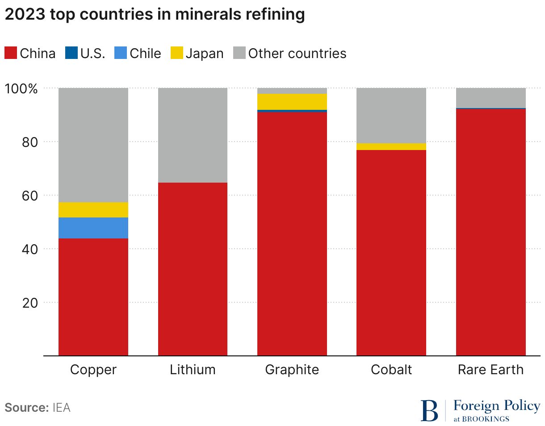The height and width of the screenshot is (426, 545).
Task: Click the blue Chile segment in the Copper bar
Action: coord(93,228)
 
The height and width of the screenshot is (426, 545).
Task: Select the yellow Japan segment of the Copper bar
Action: coord(93,210)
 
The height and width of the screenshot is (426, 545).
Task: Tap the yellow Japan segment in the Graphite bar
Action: coord(292,101)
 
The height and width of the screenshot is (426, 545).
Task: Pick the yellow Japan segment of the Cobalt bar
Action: coord(391,146)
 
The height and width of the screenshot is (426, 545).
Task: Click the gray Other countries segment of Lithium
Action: coord(193,135)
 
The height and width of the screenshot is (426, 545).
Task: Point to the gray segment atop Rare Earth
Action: coord(491,98)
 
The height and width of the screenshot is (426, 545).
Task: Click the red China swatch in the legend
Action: coord(11,54)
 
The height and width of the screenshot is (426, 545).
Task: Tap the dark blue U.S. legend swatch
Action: coord(71,54)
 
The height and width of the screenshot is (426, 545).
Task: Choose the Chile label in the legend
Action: coord(145,54)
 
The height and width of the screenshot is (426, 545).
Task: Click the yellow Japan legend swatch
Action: coord(177,54)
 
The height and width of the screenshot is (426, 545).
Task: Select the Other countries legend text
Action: coord(297,54)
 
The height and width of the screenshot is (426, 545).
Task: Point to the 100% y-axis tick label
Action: coord(21,88)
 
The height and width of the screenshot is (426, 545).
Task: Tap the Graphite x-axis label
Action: coord(292,370)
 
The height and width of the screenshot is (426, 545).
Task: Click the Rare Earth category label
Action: coord(491,370)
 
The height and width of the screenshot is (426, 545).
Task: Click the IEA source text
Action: coord(61,408)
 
